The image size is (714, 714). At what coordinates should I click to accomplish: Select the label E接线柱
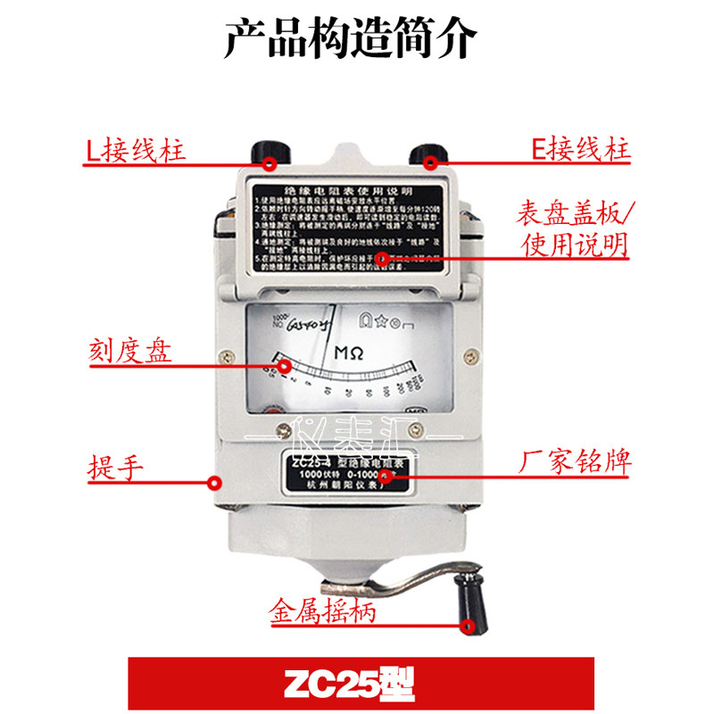pyautogui.click(x=580, y=148)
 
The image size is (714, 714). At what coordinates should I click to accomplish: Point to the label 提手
pyautogui.click(x=117, y=466)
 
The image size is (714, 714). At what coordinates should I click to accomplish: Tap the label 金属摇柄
pyautogui.click(x=322, y=615)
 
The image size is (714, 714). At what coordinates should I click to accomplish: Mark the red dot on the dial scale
pyautogui.click(x=286, y=366)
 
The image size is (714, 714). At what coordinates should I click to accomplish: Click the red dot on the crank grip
pyautogui.click(x=468, y=625)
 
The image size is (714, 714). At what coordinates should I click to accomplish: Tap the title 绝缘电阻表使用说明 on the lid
pyautogui.click(x=347, y=192)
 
